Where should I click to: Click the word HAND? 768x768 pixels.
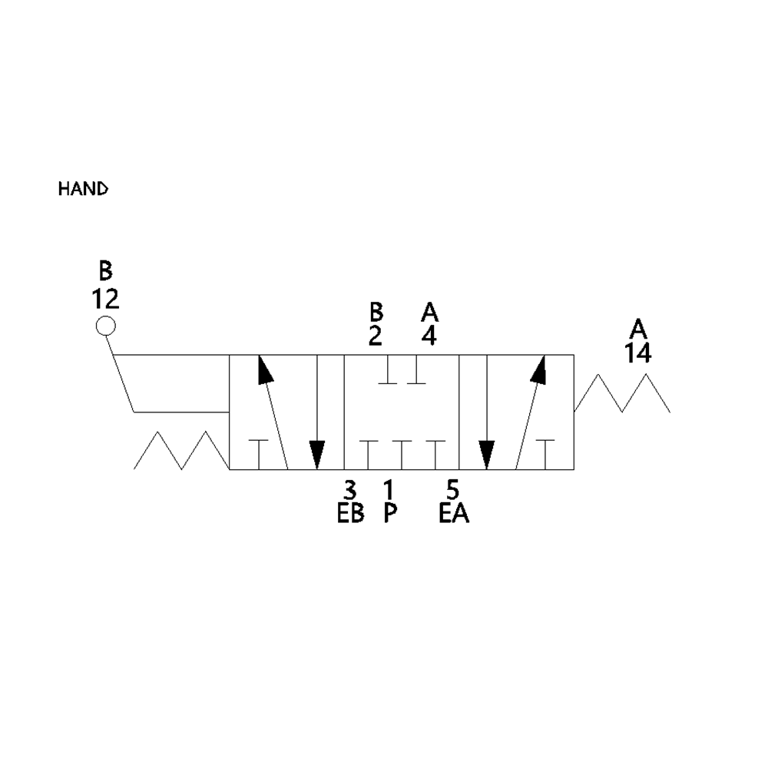pyautogui.click(x=83, y=189)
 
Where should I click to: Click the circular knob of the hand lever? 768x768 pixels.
pyautogui.click(x=105, y=326)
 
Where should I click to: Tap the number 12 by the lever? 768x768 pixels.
pyautogui.click(x=105, y=298)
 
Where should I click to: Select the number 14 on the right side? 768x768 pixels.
pyautogui.click(x=637, y=353)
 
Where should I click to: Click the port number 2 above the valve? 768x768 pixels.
pyautogui.click(x=376, y=336)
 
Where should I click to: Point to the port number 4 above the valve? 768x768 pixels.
pyautogui.click(x=429, y=336)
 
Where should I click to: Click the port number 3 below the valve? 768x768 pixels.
pyautogui.click(x=350, y=489)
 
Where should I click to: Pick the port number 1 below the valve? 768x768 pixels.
pyautogui.click(x=389, y=489)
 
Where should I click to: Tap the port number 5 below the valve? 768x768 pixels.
pyautogui.click(x=452, y=489)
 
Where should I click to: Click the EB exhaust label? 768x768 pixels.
pyautogui.click(x=351, y=513)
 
